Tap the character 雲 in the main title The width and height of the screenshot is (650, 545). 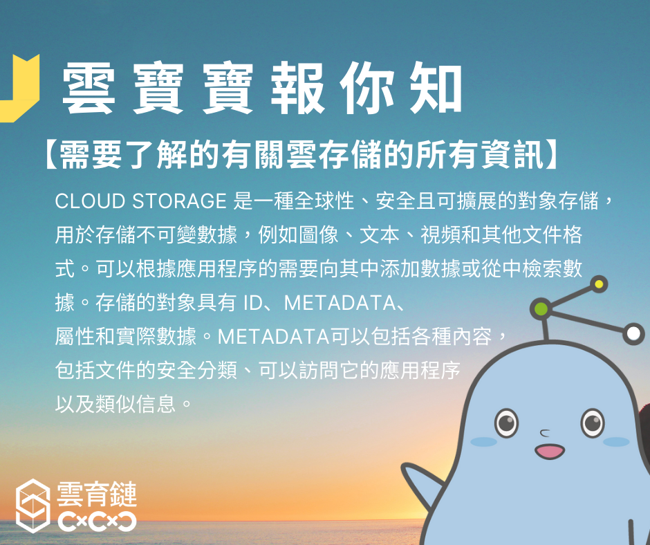pyautogui.click(x=89, y=89)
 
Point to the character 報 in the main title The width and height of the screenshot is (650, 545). pyautogui.click(x=297, y=89)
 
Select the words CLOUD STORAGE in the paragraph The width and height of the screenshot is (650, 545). pyautogui.click(x=141, y=201)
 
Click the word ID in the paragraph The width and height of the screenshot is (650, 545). pyautogui.click(x=253, y=303)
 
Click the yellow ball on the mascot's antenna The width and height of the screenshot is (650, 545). pyautogui.click(x=599, y=284)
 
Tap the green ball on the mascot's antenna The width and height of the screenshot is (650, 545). pyautogui.click(x=541, y=308)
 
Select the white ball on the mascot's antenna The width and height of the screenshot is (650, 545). pyautogui.click(x=633, y=333)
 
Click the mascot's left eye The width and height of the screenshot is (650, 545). pyautogui.click(x=506, y=423)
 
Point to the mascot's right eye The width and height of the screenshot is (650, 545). pyautogui.click(x=593, y=423)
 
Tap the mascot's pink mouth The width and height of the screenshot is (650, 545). pyautogui.click(x=549, y=451)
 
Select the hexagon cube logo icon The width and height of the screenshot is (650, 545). pyautogui.click(x=32, y=506)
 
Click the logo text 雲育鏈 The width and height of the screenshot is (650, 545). pyautogui.click(x=97, y=494)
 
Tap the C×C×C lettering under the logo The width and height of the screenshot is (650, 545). pyautogui.click(x=97, y=521)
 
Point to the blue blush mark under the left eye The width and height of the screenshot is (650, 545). pyautogui.click(x=484, y=441)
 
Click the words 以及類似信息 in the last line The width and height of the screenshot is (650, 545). pyautogui.click(x=115, y=404)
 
